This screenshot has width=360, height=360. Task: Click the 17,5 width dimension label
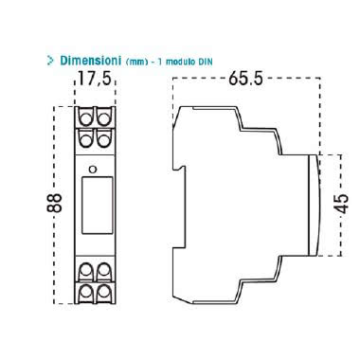[x=95, y=79]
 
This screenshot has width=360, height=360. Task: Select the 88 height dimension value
[x=55, y=203]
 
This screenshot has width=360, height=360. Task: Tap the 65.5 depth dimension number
[x=245, y=78]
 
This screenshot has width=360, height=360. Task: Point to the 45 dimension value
[x=342, y=204]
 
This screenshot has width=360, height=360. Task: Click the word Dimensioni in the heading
[x=91, y=61]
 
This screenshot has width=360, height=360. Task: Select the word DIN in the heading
[x=206, y=62]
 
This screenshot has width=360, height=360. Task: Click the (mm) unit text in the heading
[x=136, y=62]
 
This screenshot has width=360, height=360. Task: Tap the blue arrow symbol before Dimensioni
[x=50, y=61]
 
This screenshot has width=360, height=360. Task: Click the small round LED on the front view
[x=93, y=170]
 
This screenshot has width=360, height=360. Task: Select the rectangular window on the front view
[x=98, y=206]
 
